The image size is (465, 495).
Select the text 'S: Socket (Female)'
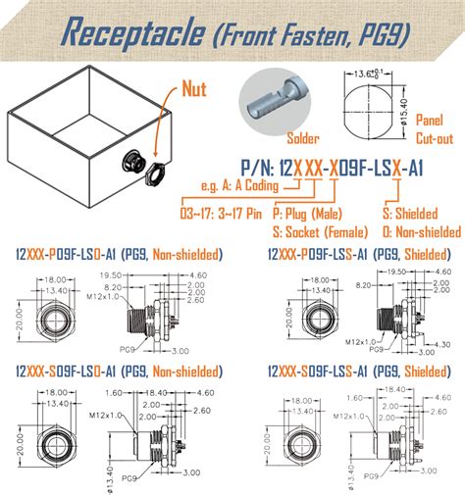coord(321,232)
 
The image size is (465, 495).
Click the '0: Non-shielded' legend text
coord(421,232)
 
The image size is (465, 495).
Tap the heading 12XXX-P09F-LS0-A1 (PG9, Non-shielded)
coord(118,255)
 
